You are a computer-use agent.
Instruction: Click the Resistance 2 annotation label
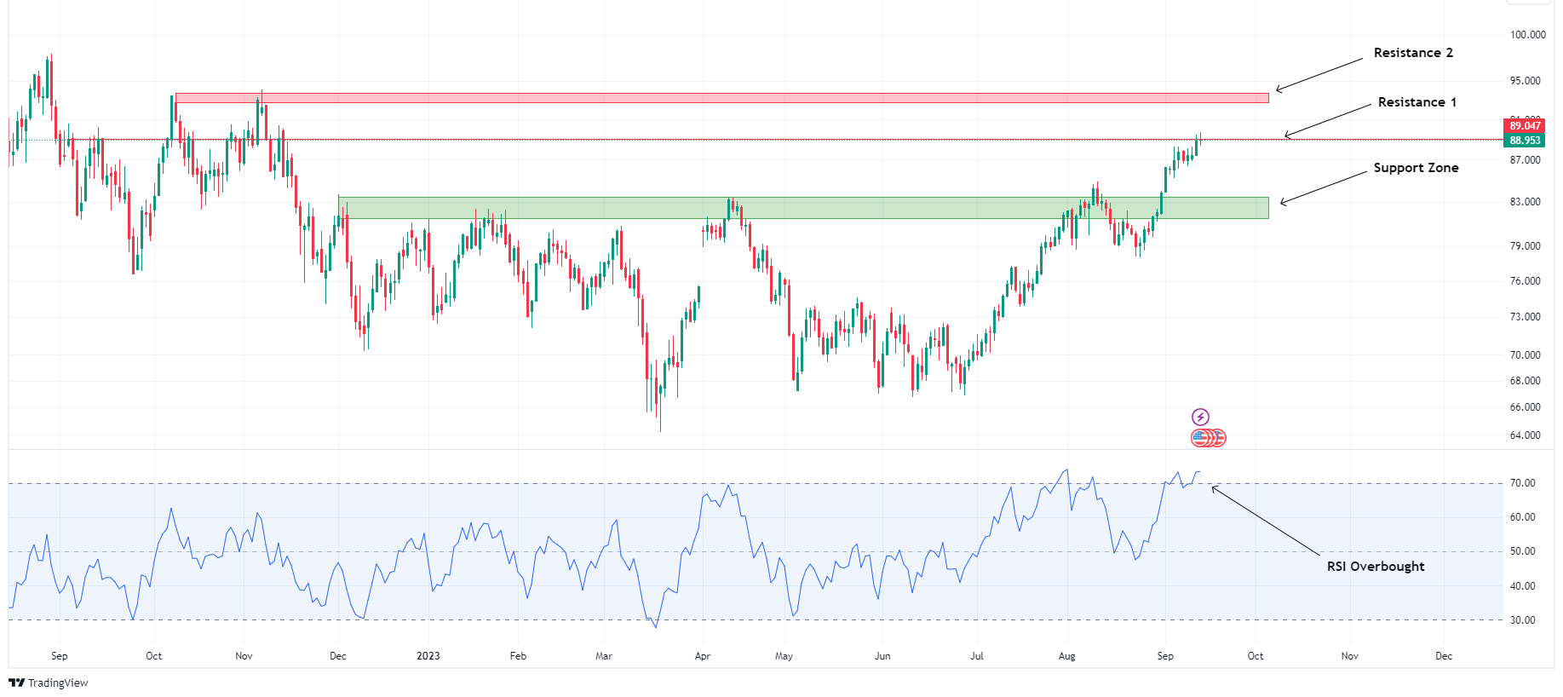click(x=1413, y=53)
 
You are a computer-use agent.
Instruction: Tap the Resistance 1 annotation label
click(x=1416, y=102)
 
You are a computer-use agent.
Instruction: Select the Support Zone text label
click(x=1416, y=168)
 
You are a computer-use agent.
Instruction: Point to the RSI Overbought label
click(x=1375, y=567)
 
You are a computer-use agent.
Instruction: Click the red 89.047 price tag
click(x=1525, y=126)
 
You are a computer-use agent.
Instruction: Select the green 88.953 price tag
click(x=1525, y=141)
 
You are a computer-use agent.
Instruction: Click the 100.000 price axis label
click(x=1527, y=35)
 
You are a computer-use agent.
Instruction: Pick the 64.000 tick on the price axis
click(x=1525, y=435)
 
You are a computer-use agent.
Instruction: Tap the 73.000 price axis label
click(x=1525, y=317)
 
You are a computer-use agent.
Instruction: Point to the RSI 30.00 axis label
click(x=1522, y=620)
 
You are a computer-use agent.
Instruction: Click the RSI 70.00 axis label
click(x=1522, y=483)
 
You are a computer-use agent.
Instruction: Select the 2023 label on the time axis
click(x=428, y=656)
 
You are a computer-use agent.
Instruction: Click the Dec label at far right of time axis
click(x=1443, y=656)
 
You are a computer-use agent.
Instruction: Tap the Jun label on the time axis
click(x=882, y=656)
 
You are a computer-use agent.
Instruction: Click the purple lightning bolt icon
click(x=1199, y=417)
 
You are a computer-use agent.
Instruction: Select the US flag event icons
click(x=1208, y=438)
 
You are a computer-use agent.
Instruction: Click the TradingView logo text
click(x=49, y=683)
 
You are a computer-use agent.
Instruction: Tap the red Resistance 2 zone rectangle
click(x=721, y=98)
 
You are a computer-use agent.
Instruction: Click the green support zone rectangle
click(x=803, y=208)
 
